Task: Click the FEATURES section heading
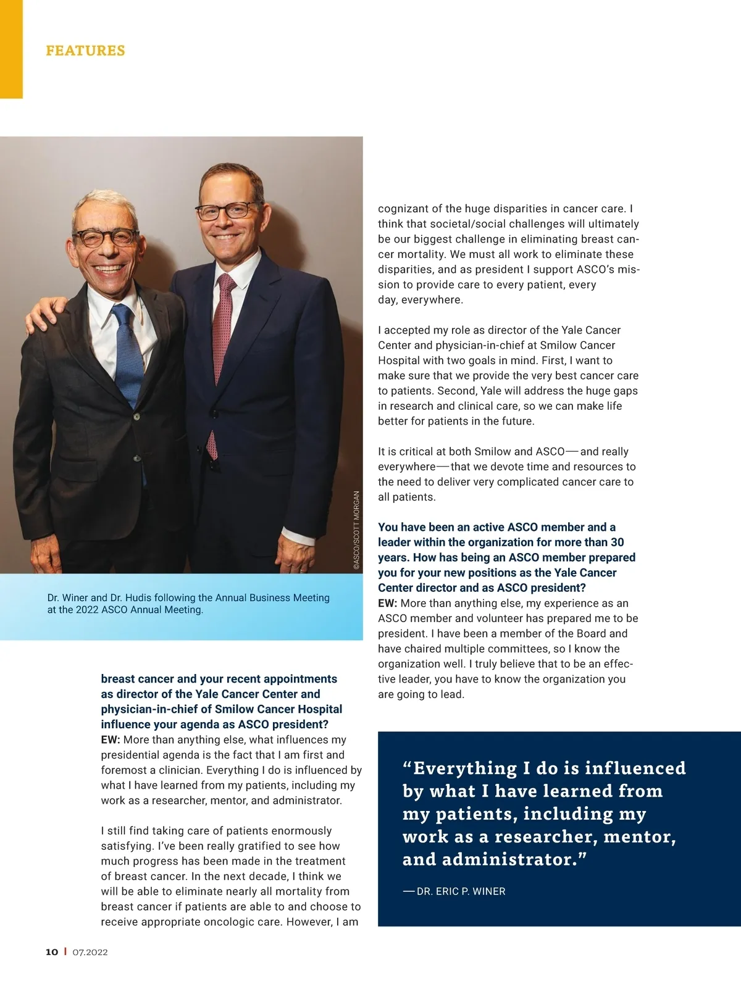point(85,51)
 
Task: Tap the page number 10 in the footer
point(52,952)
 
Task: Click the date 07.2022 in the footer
point(90,952)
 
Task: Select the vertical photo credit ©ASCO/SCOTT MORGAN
point(356,530)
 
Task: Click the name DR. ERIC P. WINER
point(461,891)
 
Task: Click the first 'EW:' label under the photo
point(111,739)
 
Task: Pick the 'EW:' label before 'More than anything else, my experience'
point(387,603)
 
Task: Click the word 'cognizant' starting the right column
point(403,209)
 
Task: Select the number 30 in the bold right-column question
point(617,542)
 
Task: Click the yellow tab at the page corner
point(11,49)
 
